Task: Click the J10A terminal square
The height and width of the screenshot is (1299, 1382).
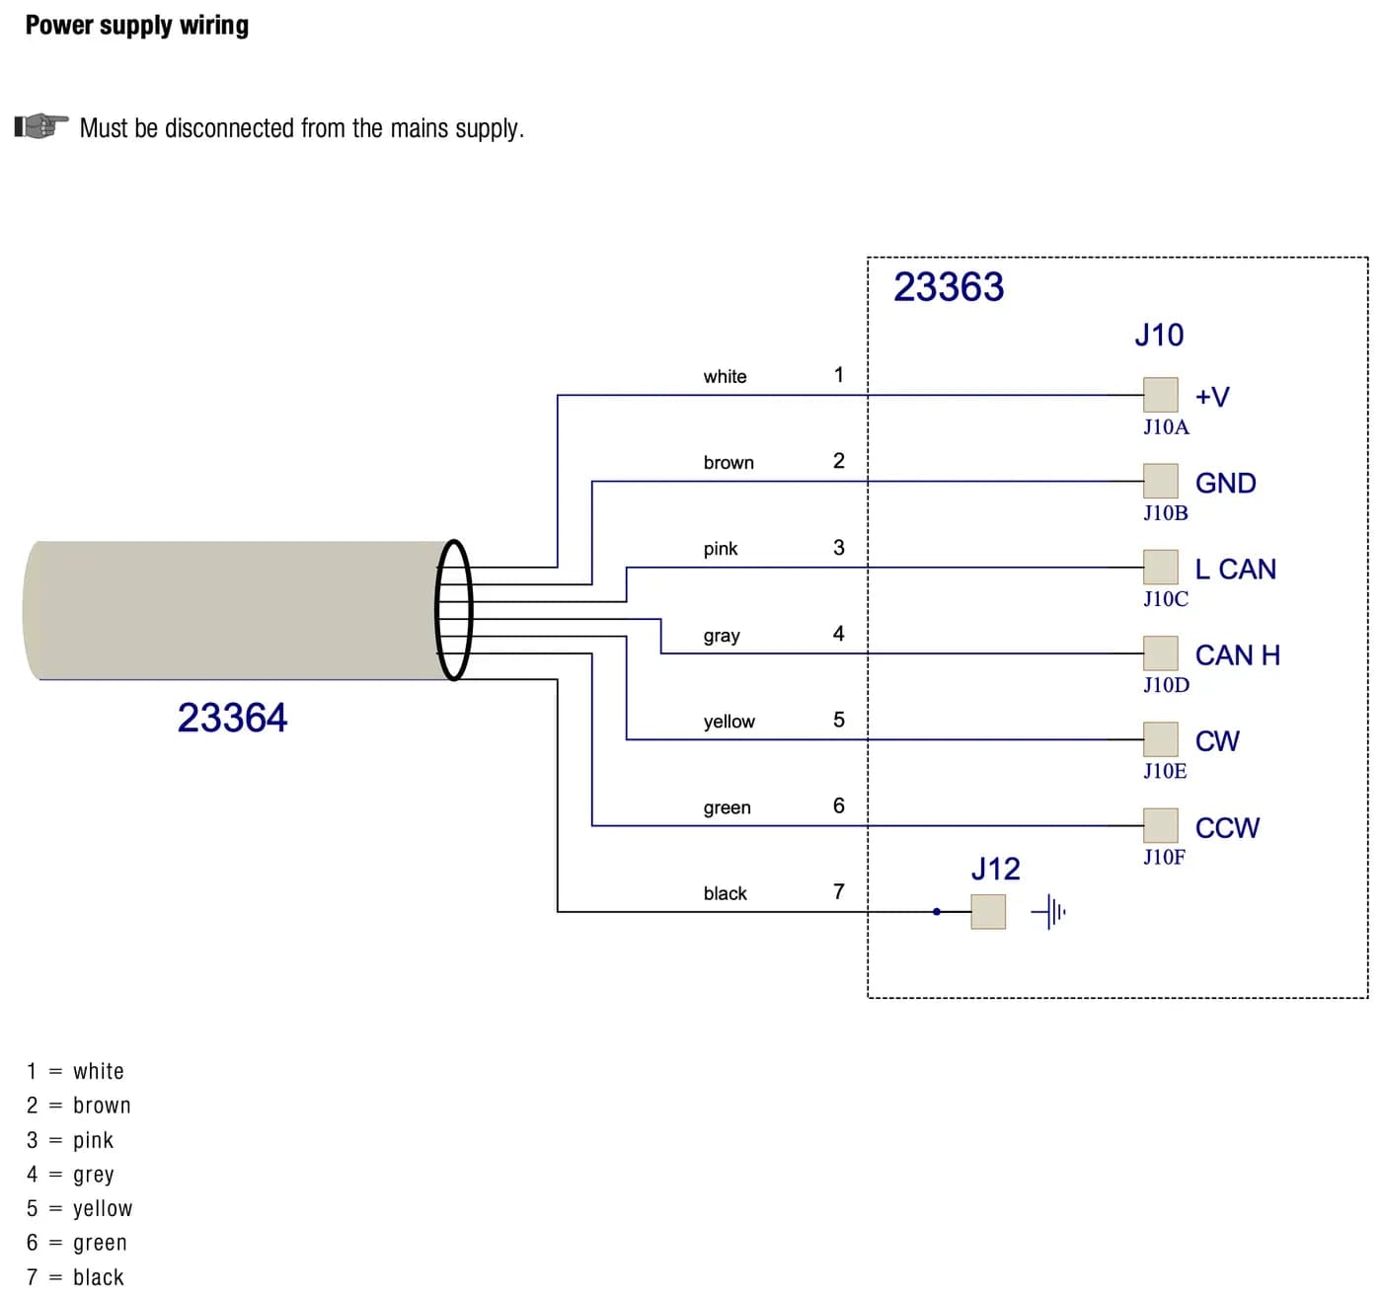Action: point(1160,395)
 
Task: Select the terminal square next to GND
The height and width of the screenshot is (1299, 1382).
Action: point(1160,481)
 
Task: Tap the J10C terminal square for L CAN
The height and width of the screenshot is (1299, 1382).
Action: point(1160,567)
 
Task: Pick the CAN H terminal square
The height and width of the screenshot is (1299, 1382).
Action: point(1160,653)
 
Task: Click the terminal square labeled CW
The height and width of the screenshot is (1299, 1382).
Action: point(1160,738)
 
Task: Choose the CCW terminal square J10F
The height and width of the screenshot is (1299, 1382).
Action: point(1160,825)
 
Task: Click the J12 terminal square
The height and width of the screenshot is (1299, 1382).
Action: point(988,911)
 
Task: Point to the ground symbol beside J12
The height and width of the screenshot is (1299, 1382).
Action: point(1049,911)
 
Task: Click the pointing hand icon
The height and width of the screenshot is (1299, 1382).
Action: point(41,126)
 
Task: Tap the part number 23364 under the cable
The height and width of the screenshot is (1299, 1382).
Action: point(232,718)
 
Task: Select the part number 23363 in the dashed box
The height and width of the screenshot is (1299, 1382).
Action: point(949,287)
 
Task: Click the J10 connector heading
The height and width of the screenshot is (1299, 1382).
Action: point(1159,335)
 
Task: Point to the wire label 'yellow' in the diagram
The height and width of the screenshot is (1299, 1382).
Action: point(729,722)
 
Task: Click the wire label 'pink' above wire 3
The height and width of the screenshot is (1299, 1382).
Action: point(721,549)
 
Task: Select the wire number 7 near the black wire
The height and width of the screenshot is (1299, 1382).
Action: point(838,891)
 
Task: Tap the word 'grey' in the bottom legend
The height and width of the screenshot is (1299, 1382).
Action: point(93,1175)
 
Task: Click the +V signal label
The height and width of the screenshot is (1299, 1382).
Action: point(1212,397)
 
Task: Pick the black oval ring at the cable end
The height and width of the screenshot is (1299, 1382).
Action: point(454,610)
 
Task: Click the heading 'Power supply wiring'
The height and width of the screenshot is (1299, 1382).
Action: point(137,26)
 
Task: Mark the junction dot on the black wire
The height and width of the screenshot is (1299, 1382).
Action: point(937,911)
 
